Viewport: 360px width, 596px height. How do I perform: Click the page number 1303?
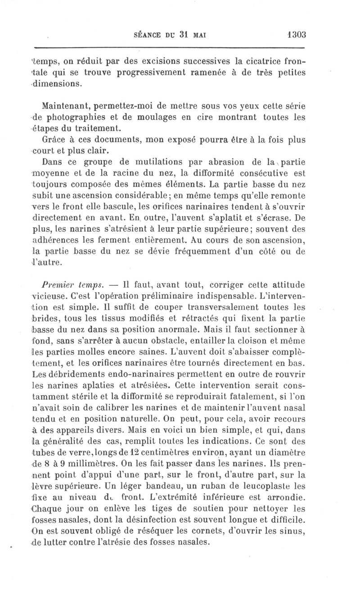296,35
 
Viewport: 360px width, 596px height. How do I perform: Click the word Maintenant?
63,106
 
